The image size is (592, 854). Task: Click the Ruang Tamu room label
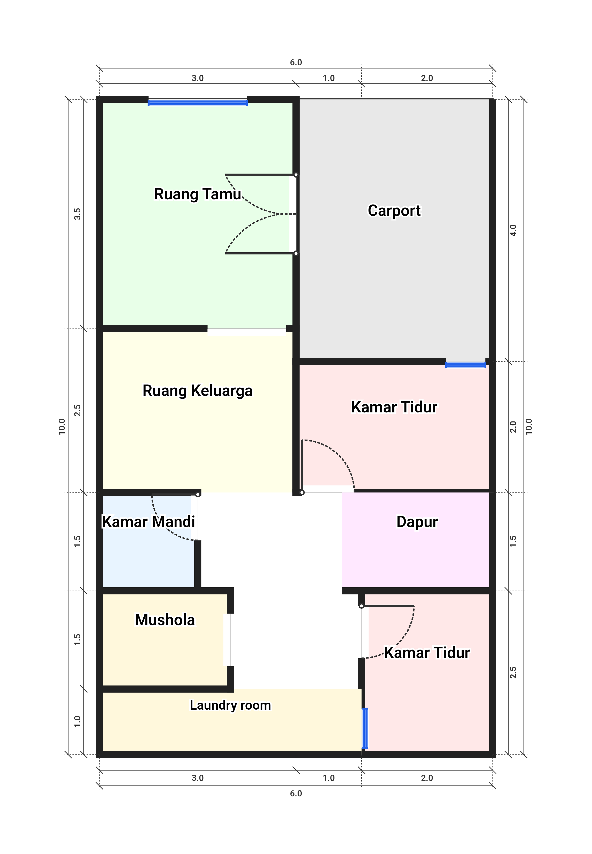click(x=198, y=194)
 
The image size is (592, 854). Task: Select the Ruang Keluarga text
click(x=198, y=390)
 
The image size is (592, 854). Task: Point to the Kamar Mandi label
click(x=148, y=521)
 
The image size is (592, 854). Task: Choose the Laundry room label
click(x=230, y=705)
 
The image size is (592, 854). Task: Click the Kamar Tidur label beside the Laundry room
click(x=427, y=653)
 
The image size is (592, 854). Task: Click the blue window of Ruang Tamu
click(x=198, y=103)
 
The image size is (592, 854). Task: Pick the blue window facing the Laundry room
click(x=365, y=728)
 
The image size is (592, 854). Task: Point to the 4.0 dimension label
click(x=513, y=230)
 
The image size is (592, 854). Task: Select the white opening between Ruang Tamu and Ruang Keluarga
click(x=247, y=332)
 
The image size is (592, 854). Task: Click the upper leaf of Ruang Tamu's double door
click(x=260, y=175)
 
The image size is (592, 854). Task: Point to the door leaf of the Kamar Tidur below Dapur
click(x=388, y=606)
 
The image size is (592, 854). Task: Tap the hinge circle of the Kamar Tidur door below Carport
click(x=302, y=492)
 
